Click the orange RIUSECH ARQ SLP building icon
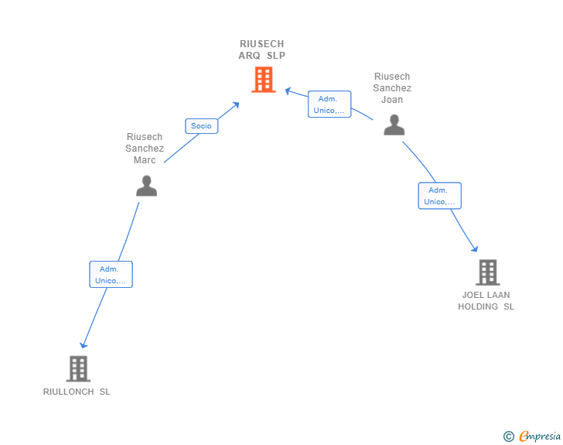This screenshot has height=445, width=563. pos(263,80)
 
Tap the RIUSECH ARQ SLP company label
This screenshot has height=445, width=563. pos(261,50)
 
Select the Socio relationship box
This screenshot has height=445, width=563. pos(201,125)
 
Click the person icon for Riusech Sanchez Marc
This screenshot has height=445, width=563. pos(146,186)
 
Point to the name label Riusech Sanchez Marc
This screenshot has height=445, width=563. pos(145,149)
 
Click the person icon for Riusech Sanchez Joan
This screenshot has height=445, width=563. pos(394,125)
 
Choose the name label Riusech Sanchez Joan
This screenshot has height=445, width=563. pos(392,88)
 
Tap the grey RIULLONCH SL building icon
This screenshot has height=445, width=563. pos(78,368)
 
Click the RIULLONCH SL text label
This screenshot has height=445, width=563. pos(77,392)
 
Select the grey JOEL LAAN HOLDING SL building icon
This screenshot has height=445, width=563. pos(487,272)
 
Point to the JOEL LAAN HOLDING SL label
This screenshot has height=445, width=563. pos(486,300)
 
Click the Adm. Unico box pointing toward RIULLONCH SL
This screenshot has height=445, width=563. pos(111,274)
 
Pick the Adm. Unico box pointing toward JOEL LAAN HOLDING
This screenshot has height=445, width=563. pos(439,195)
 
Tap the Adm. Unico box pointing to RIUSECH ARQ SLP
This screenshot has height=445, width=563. pos(329,104)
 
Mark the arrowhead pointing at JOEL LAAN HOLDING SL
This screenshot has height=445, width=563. pos(475,249)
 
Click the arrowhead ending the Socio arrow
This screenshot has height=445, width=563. pos(236,104)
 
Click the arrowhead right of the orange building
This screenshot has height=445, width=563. pos(288,91)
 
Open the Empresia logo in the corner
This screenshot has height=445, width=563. pos(540,436)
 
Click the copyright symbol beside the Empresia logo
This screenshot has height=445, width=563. pos(508,436)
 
